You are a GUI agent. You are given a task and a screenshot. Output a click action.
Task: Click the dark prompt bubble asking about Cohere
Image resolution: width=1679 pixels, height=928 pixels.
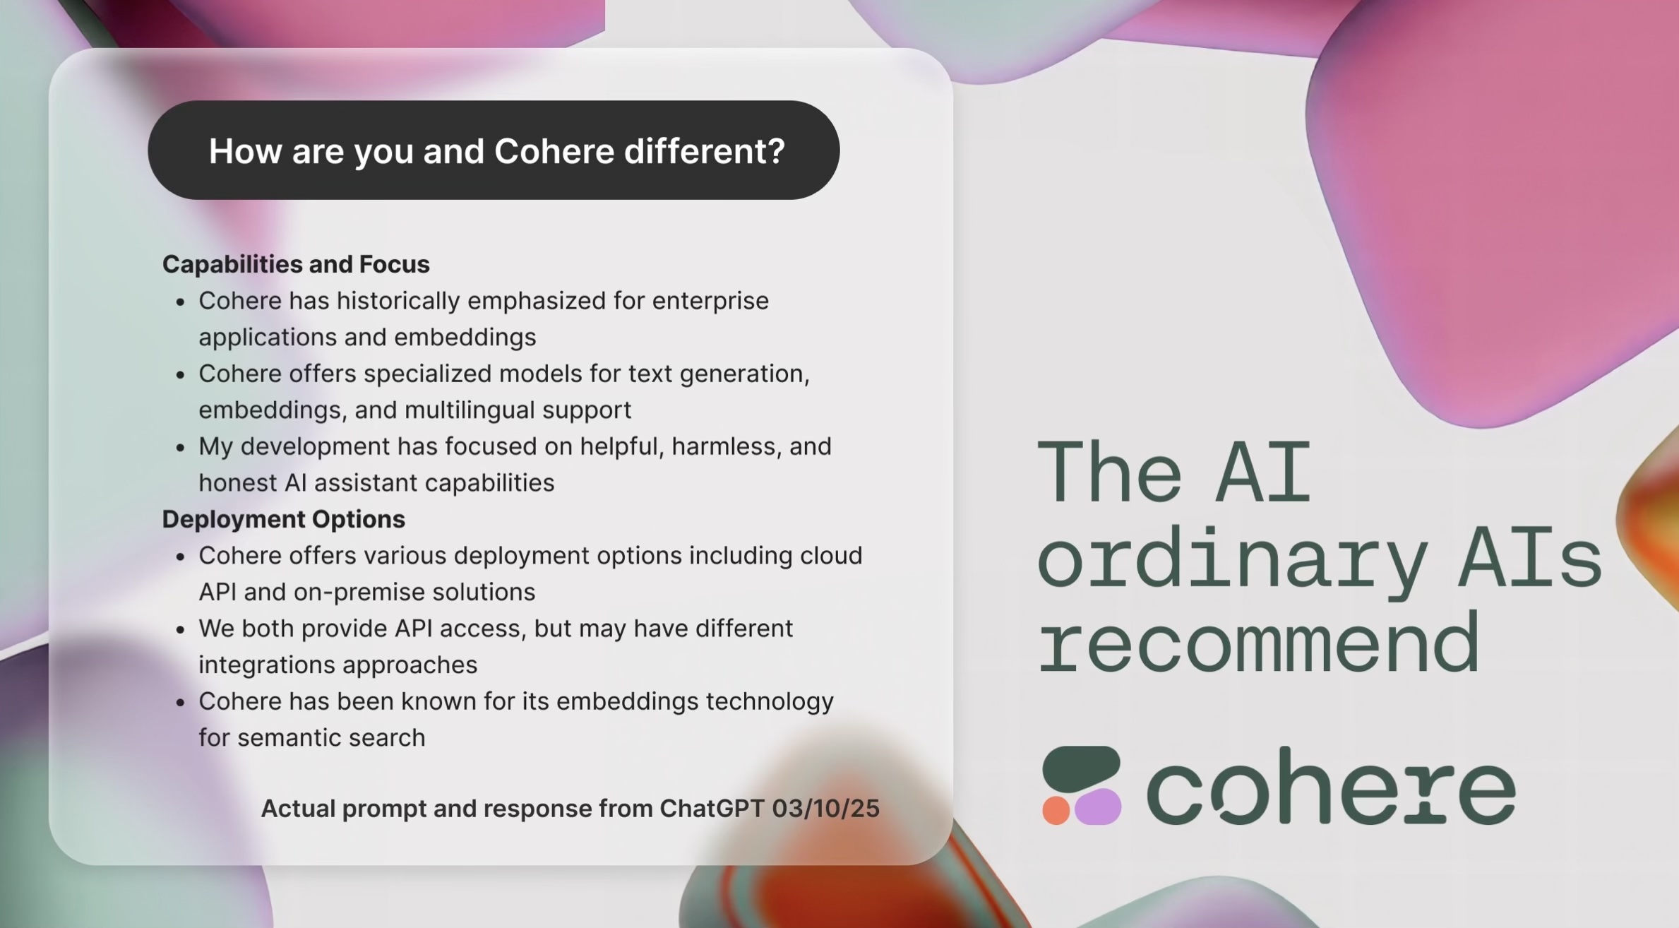[494, 150]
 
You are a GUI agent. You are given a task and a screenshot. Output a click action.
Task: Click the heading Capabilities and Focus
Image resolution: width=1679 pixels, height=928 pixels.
[296, 264]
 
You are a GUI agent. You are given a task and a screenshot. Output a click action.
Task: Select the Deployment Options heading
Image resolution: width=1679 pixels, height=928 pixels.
[284, 519]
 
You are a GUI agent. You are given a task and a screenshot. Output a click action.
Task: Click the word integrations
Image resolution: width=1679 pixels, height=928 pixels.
[267, 665]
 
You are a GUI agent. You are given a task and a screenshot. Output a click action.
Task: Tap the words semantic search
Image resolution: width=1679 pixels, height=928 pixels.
[331, 738]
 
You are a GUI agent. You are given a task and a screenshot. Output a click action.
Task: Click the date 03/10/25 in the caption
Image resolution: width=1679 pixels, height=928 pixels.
[825, 809]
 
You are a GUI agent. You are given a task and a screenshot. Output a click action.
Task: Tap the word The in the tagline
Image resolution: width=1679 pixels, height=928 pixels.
[1109, 471]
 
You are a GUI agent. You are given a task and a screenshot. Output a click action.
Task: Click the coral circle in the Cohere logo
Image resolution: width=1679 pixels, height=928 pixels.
[1056, 811]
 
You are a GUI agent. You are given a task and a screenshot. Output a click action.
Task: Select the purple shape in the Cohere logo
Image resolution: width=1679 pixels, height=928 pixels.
[1098, 807]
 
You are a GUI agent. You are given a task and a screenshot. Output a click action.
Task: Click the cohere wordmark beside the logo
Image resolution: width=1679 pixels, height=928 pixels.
[1331, 787]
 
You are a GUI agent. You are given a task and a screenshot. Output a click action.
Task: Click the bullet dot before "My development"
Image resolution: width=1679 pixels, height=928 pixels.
[181, 448]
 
